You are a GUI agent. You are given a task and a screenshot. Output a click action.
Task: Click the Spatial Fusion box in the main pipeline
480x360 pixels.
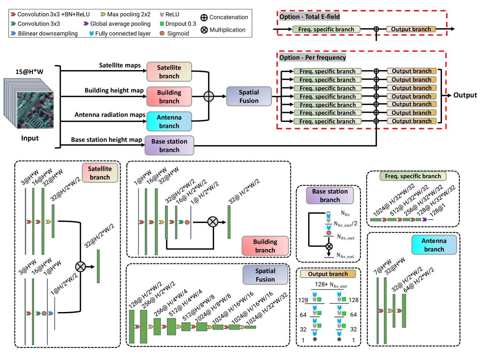click(249, 96)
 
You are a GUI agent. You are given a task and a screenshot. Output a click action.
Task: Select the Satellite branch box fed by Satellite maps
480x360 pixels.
click(169, 72)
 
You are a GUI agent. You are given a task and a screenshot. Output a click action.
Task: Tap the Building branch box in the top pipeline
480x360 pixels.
click(169, 97)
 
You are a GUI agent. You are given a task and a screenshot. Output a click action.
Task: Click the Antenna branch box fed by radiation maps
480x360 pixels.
click(169, 122)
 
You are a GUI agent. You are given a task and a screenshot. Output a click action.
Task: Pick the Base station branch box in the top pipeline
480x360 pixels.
click(169, 146)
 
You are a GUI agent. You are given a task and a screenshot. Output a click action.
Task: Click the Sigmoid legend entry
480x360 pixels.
click(175, 33)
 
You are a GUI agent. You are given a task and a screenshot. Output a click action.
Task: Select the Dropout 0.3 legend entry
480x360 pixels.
click(178, 24)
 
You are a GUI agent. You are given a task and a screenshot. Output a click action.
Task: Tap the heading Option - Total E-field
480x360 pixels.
click(309, 17)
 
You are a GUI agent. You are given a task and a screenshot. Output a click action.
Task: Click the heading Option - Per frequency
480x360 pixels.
click(313, 58)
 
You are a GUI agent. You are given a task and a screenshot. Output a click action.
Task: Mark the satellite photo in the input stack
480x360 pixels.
click(35, 110)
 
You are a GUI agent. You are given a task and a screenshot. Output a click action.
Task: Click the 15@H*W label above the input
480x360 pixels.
click(29, 72)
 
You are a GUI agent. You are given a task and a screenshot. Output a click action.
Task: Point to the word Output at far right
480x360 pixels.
click(465, 95)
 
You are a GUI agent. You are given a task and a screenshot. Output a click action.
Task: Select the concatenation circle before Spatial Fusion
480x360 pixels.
click(209, 96)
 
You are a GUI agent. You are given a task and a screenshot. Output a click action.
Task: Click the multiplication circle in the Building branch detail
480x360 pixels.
click(213, 222)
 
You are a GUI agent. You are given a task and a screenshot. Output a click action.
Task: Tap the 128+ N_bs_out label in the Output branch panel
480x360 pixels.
click(331, 284)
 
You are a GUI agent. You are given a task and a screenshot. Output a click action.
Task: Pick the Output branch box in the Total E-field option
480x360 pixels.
click(411, 29)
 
